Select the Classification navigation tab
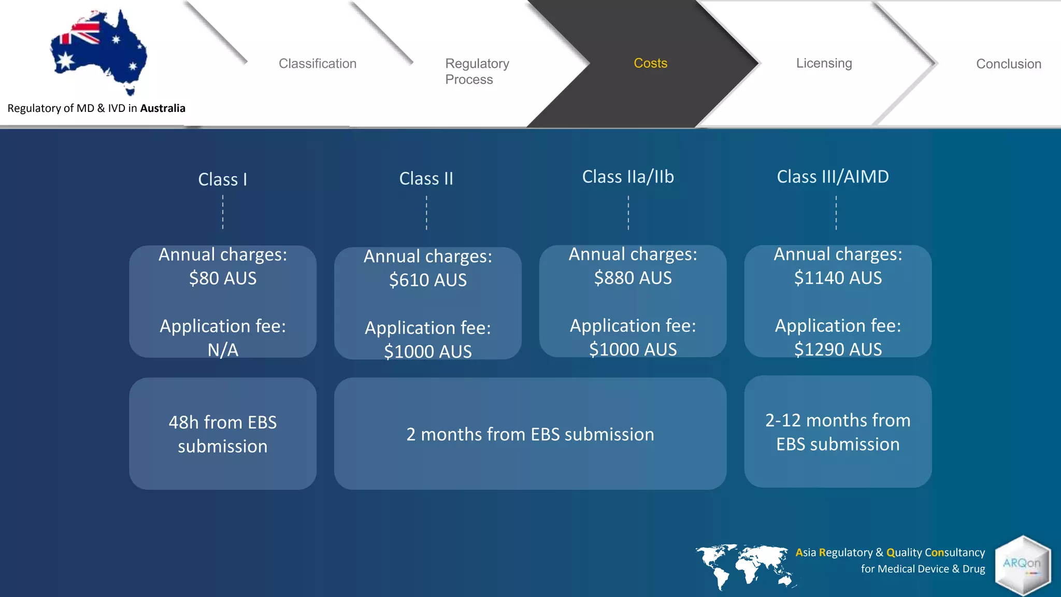click(318, 64)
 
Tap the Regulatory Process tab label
click(477, 71)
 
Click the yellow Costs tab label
click(650, 63)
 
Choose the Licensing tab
click(824, 63)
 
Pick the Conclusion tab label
click(1008, 64)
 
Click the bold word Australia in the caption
click(163, 108)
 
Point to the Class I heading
click(223, 179)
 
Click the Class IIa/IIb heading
click(628, 177)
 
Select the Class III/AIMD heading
click(833, 177)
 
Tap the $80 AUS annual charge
click(223, 278)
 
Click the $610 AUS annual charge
click(428, 280)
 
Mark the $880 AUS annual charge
click(633, 278)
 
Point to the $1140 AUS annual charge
click(838, 278)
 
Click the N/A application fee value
click(223, 350)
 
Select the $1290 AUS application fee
click(838, 349)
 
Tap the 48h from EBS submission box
click(223, 434)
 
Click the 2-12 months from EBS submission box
click(838, 432)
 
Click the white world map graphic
click(744, 566)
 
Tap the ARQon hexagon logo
click(1022, 565)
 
